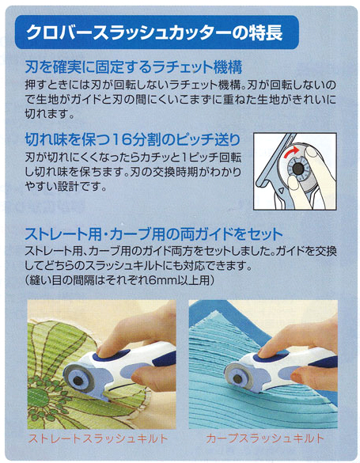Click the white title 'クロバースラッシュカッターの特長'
[x=154, y=32]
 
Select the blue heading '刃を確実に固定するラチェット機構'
[x=134, y=67]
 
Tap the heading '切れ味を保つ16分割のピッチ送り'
[x=132, y=139]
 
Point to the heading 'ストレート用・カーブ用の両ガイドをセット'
[x=154, y=234]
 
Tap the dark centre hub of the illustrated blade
[x=297, y=169]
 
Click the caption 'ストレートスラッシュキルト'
[x=98, y=438]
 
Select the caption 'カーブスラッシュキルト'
[x=265, y=438]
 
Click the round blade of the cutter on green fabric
[x=79, y=381]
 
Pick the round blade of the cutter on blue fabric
[x=238, y=378]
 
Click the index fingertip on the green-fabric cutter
[x=104, y=349]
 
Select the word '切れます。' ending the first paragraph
[x=49, y=114]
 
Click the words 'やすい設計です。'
[x=66, y=186]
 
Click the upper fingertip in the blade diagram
[x=313, y=153]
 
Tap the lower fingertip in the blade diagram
[x=294, y=184]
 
